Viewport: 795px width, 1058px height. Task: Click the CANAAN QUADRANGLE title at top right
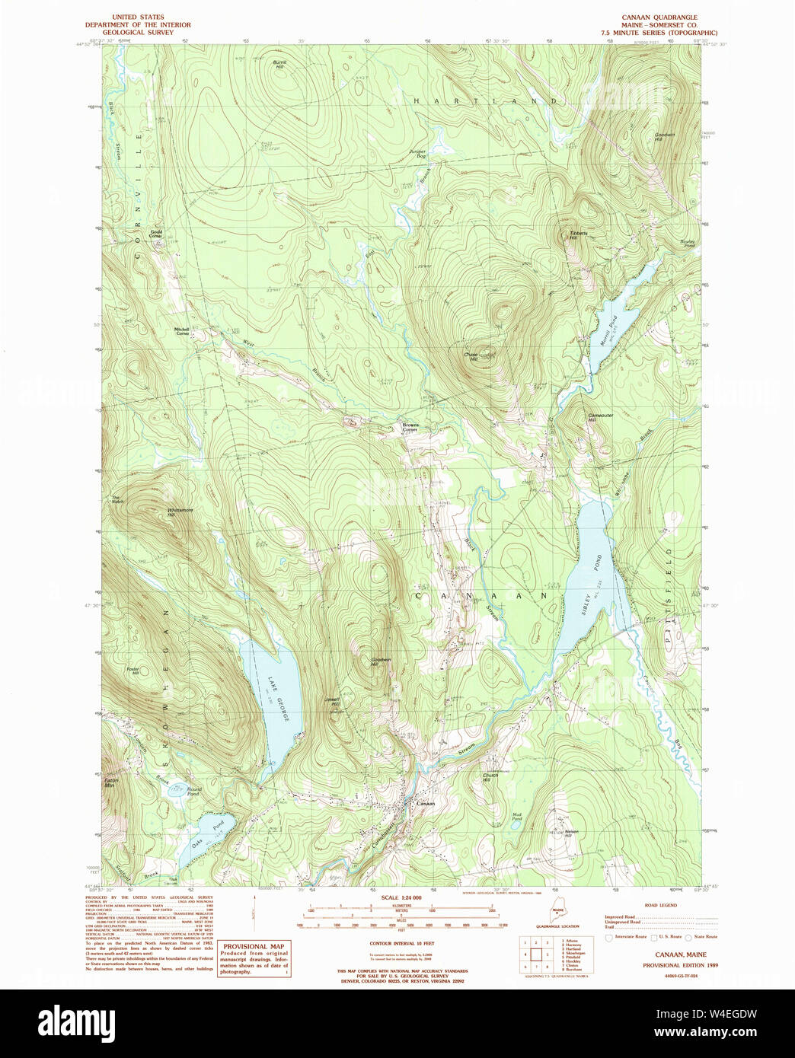coord(659,17)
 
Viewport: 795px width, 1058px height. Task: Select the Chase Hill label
coord(470,356)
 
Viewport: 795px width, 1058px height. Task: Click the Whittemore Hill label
coord(180,512)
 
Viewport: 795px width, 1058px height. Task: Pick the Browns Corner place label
coord(410,427)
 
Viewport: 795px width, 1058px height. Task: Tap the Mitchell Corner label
coord(182,331)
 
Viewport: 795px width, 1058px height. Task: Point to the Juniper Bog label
coord(417,153)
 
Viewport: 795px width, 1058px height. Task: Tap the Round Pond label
coord(194,792)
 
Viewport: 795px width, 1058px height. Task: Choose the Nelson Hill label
coord(572,833)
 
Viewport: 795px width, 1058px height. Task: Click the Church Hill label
coord(490,778)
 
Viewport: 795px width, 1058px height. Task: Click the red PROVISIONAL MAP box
coord(254,958)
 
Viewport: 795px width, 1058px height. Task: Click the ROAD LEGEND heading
coord(660,905)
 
